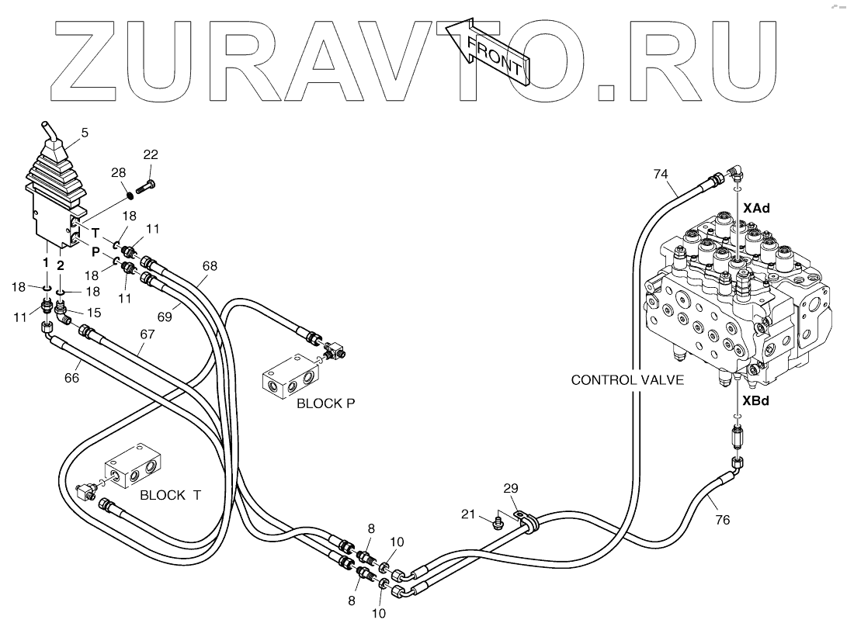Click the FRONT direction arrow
tap(494, 53)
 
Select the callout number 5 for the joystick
tap(84, 133)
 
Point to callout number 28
tap(119, 171)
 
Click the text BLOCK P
tap(321, 403)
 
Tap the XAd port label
tap(756, 209)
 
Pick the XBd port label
tap(756, 401)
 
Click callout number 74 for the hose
tap(660, 174)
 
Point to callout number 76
tap(722, 520)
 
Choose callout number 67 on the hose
tap(148, 334)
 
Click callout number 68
tap(210, 265)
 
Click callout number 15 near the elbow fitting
tap(94, 312)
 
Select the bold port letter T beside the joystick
tap(95, 232)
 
